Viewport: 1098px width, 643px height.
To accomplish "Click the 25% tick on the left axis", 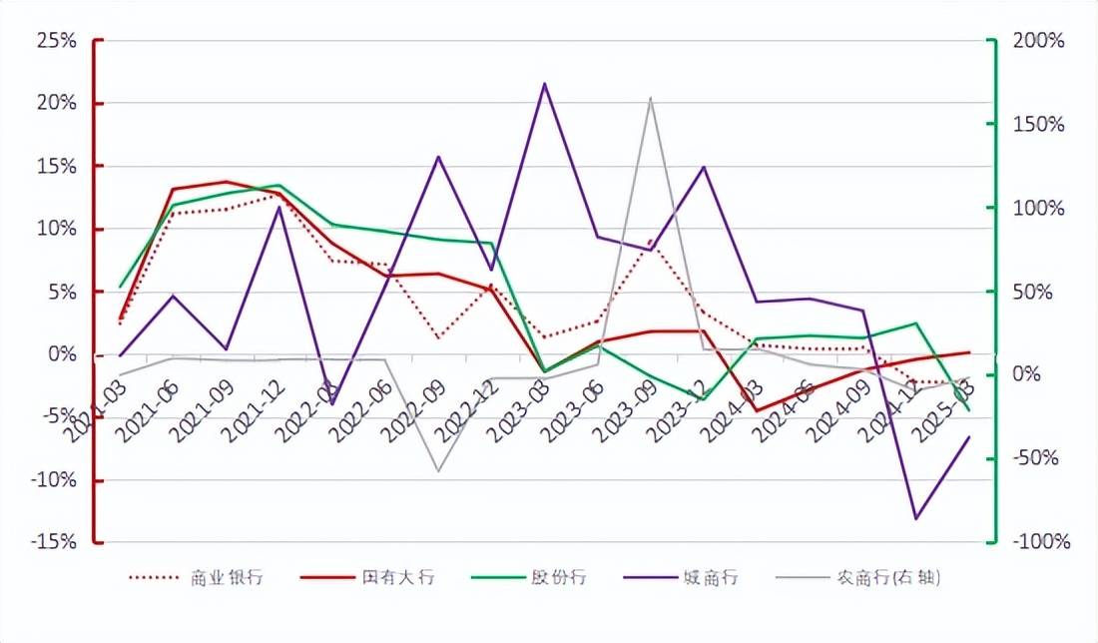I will coord(56,41).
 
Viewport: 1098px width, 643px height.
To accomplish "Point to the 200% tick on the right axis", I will coord(1038,41).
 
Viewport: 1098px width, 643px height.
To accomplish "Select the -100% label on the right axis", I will coord(1040,542).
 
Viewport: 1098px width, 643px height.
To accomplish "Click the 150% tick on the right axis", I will coord(1038,125).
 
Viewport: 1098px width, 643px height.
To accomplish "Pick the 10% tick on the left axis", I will coord(56,229).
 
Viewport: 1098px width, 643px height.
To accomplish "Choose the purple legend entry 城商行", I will coord(712,577).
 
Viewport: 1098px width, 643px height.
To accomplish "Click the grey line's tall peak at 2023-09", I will coord(651,98).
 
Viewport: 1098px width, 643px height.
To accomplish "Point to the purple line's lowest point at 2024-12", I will coord(915,518).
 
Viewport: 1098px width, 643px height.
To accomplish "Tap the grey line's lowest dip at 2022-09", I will coord(437,470).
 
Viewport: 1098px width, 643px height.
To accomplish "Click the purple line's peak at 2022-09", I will coord(438,156).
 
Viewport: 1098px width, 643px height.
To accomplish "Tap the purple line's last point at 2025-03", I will coord(968,437).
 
